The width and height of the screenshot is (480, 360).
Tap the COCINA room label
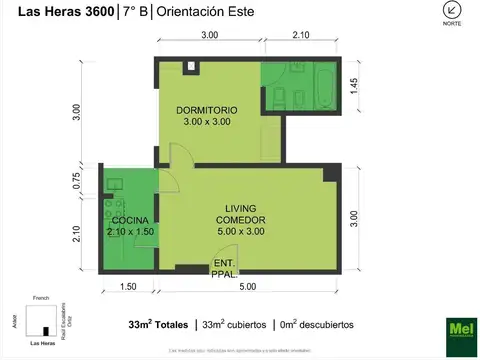(129, 220)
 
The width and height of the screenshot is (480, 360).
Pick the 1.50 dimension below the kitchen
(129, 287)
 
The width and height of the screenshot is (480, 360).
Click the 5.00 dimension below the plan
(246, 287)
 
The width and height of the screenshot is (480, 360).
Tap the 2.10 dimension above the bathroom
(300, 35)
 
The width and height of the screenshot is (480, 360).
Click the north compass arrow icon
(452, 11)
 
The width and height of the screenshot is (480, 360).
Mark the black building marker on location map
(45, 331)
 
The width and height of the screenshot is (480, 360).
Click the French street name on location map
(41, 298)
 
